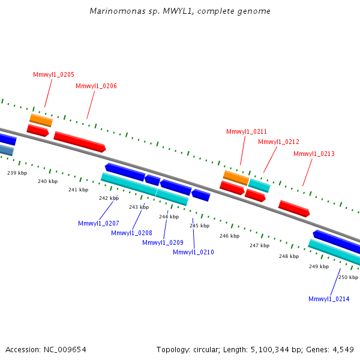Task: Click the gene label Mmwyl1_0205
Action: (53, 74)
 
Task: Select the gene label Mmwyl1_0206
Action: (96, 86)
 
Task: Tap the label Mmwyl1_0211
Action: (247, 131)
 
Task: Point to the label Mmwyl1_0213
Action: (314, 154)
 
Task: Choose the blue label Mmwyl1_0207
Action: (98, 223)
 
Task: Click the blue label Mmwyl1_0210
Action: (193, 253)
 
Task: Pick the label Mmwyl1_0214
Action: (329, 299)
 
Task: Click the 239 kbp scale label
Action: (17, 173)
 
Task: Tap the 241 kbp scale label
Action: (78, 190)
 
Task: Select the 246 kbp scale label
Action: (230, 236)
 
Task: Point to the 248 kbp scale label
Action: (289, 256)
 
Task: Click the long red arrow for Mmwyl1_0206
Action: (80, 142)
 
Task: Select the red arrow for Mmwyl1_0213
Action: (294, 208)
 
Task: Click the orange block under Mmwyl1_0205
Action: (41, 121)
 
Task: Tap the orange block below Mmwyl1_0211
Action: (236, 178)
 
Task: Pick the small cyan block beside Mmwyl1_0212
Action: (259, 185)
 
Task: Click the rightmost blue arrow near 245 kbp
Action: (201, 195)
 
